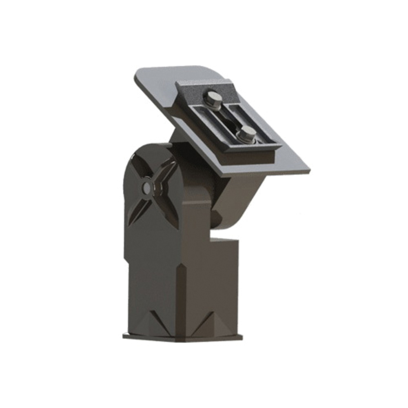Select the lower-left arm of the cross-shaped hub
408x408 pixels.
click(x=135, y=212)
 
